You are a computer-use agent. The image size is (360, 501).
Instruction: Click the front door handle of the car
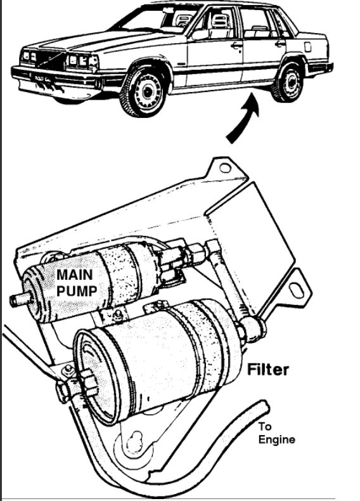pyautogui.click(x=236, y=45)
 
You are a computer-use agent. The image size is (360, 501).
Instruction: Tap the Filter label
pyautogui.click(x=267, y=368)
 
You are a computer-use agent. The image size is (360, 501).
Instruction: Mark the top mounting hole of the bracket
pyautogui.click(x=224, y=168)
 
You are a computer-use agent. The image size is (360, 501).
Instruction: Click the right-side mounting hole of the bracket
pyautogui.click(x=296, y=289)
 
